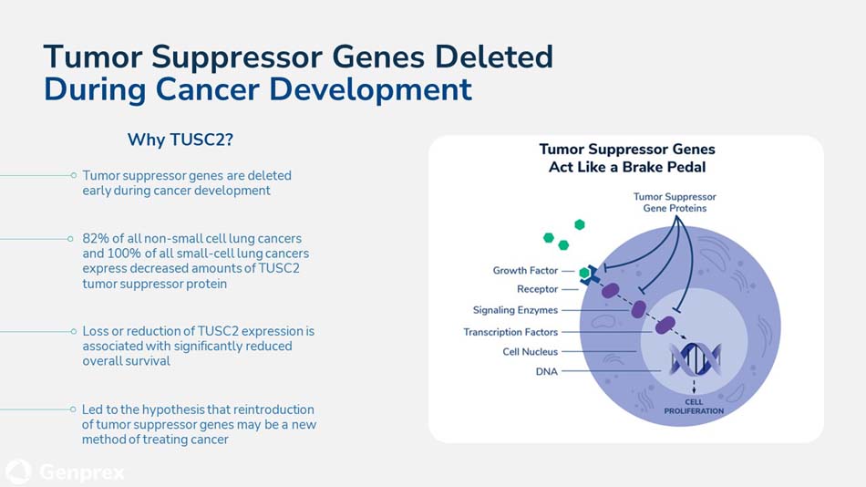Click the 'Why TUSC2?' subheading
click(x=180, y=140)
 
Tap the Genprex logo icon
click(x=18, y=472)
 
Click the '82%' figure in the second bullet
click(x=96, y=238)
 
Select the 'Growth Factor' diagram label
click(x=525, y=270)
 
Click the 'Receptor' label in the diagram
click(x=538, y=289)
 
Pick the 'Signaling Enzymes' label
click(x=515, y=310)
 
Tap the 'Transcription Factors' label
click(x=510, y=332)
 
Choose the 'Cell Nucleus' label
click(x=531, y=351)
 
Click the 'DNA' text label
click(x=547, y=371)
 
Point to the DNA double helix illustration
click(x=695, y=359)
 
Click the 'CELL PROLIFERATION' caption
click(x=694, y=407)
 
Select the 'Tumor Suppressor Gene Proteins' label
click(x=675, y=202)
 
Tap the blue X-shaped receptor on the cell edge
click(x=591, y=275)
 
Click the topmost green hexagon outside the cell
click(x=580, y=224)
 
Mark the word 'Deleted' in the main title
click(x=494, y=57)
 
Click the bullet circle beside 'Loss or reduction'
click(x=74, y=331)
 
